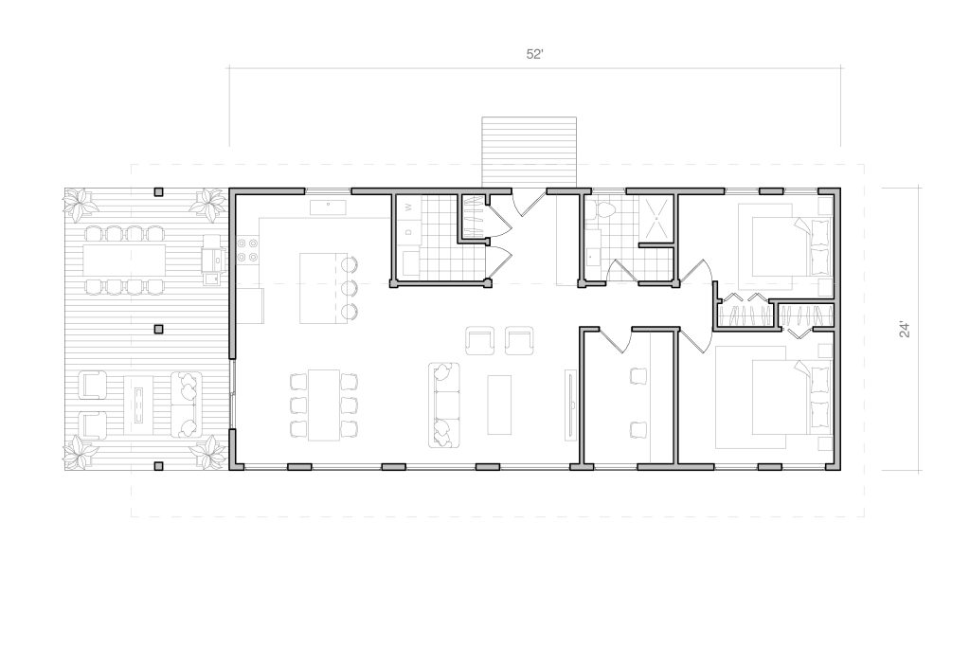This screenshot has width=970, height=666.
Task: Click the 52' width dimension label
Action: (534, 54)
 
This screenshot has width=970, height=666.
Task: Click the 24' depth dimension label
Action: (905, 329)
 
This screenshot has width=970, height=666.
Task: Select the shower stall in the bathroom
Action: (656, 218)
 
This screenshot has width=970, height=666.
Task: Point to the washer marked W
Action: (408, 209)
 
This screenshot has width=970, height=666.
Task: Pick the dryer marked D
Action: (408, 233)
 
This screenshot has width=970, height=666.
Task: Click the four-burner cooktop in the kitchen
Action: (247, 249)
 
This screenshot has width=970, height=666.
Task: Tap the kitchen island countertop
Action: (320, 288)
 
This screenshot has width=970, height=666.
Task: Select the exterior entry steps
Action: (529, 152)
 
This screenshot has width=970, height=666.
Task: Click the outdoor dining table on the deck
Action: (124, 260)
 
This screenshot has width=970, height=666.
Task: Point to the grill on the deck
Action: (211, 260)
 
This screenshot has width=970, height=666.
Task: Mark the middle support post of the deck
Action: (158, 329)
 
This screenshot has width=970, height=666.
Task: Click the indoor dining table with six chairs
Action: (324, 405)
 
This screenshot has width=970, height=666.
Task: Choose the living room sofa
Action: (444, 405)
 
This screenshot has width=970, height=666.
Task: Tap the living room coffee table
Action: (499, 405)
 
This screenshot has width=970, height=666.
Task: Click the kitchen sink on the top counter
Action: (327, 207)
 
